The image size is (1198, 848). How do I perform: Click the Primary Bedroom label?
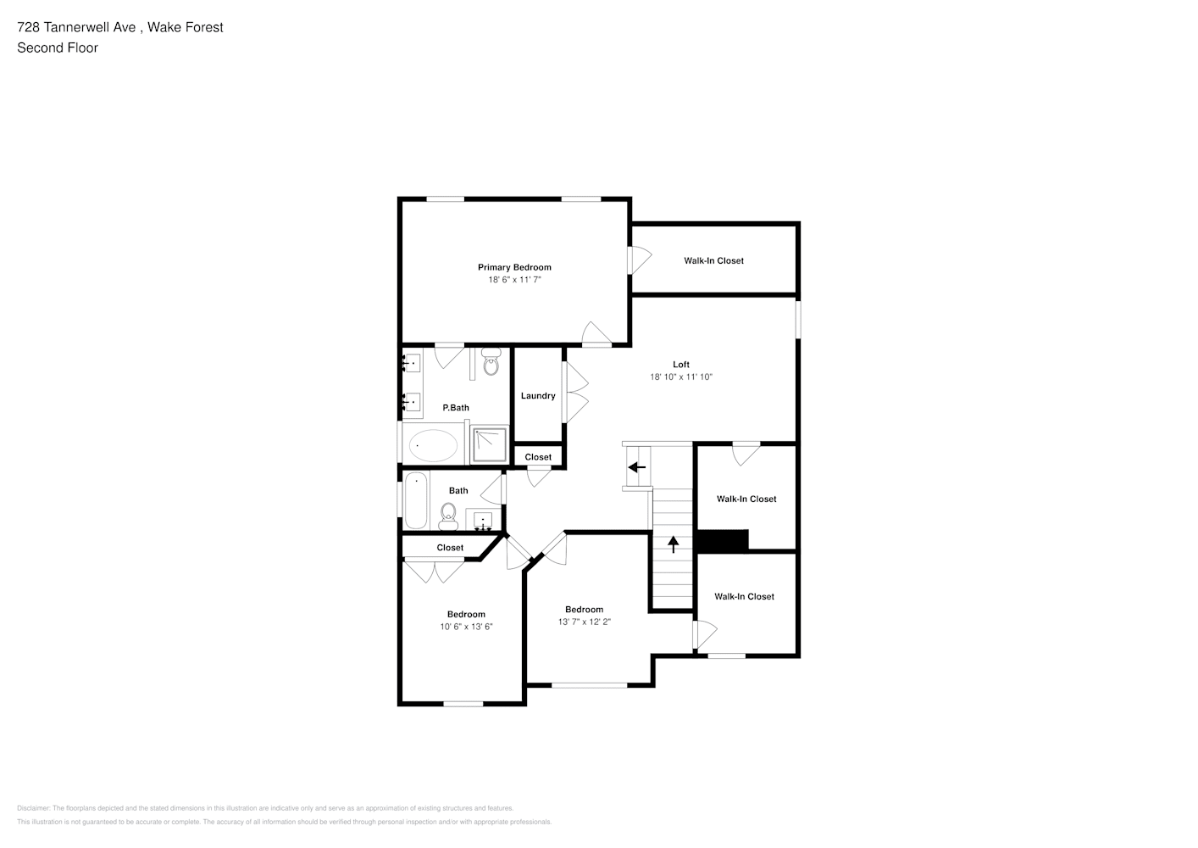(514, 267)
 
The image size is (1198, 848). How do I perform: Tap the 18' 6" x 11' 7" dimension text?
(514, 280)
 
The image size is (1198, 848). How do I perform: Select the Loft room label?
(681, 365)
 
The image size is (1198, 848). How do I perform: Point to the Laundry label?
(538, 396)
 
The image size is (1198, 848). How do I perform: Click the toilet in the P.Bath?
(491, 361)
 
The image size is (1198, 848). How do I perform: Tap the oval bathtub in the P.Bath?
(433, 445)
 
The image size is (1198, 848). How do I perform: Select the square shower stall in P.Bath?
(489, 444)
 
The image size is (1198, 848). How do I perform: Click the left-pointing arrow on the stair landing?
(637, 467)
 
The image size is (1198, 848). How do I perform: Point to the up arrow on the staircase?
(673, 544)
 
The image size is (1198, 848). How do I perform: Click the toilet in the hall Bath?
(448, 516)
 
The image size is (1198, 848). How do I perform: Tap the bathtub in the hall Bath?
(416, 500)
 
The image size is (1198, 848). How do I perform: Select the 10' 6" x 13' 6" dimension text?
(466, 627)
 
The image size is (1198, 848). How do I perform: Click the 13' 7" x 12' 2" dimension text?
(584, 622)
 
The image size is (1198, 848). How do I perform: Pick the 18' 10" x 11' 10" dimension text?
(681, 377)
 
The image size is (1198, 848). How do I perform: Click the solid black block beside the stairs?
(722, 541)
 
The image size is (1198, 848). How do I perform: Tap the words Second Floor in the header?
(58, 47)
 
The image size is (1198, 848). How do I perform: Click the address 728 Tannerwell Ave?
(76, 27)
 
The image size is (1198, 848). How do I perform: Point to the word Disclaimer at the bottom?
(33, 808)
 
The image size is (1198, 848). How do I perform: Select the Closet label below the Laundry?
(538, 457)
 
